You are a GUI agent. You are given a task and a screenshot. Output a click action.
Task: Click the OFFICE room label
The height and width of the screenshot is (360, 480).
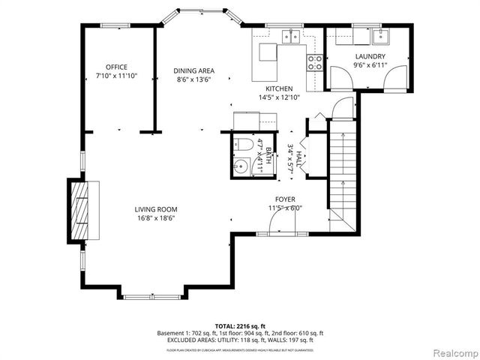pyautogui.click(x=116, y=67)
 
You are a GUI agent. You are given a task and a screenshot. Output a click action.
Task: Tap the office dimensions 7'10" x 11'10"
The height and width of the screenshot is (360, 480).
pyautogui.click(x=116, y=76)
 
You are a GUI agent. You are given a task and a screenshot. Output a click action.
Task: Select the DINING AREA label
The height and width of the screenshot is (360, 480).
pyautogui.click(x=194, y=70)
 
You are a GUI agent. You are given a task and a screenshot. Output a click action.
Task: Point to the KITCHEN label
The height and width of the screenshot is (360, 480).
pyautogui.click(x=278, y=88)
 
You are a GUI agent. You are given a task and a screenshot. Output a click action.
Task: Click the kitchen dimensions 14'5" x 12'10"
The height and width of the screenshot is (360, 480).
pyautogui.click(x=278, y=97)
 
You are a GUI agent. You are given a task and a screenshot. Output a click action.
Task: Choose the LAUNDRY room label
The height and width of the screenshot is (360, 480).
pyautogui.click(x=370, y=57)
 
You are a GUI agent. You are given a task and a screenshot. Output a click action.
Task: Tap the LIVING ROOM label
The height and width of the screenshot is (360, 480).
pyautogui.click(x=156, y=209)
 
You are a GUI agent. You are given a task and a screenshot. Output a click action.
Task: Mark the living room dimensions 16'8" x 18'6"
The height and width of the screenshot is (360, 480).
pyautogui.click(x=156, y=219)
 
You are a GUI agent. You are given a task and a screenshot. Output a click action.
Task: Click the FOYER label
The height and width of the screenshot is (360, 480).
pyautogui.click(x=284, y=199)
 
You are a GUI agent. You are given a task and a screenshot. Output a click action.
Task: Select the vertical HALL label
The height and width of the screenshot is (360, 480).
pyautogui.click(x=298, y=157)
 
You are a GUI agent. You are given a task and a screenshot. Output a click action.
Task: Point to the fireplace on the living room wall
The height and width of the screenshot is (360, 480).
pyautogui.click(x=79, y=211)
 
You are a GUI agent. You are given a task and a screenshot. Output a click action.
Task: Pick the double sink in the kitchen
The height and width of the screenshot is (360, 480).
pyautogui.click(x=290, y=36)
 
